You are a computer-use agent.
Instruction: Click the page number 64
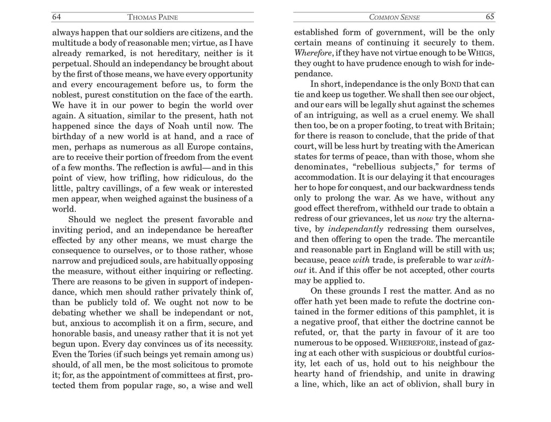[x=56, y=17]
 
